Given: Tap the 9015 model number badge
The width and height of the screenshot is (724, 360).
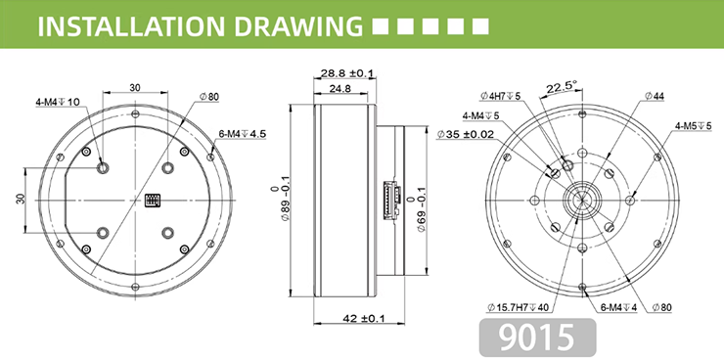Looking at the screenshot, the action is [x=537, y=337].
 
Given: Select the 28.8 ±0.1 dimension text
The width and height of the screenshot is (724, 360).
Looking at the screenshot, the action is [x=344, y=73].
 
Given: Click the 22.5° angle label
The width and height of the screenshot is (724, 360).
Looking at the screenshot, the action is [x=562, y=87].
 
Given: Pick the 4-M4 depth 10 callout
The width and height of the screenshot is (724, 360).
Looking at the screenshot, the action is [x=58, y=102].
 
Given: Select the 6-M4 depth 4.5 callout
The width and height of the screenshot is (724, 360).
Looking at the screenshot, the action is [x=243, y=134].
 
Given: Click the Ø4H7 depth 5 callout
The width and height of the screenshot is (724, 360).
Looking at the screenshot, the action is [x=500, y=96].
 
